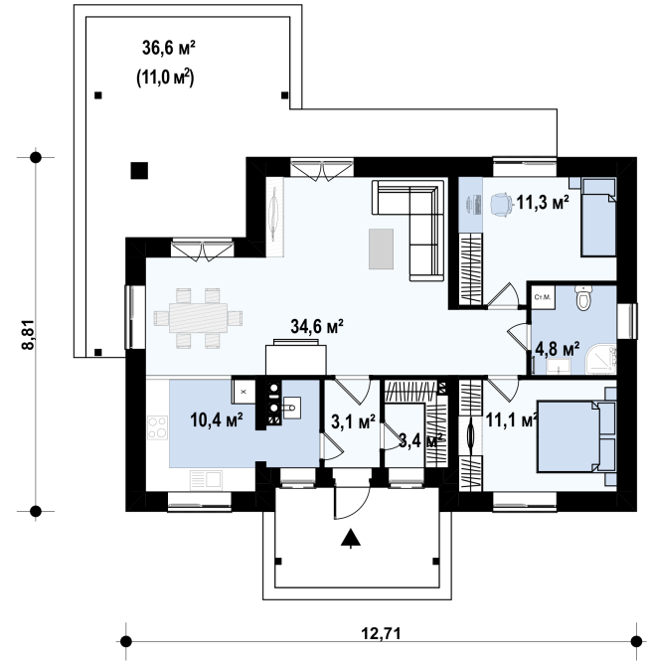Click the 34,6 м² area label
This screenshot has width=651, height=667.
(x=317, y=327)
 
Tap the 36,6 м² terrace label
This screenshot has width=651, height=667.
(x=168, y=48)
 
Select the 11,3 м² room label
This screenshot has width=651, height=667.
(x=543, y=203)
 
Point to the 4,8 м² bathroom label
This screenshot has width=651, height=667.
(x=557, y=350)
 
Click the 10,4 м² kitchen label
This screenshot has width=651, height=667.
(x=217, y=419)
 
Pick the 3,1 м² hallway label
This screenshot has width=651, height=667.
(x=353, y=422)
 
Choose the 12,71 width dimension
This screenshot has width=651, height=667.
(x=381, y=633)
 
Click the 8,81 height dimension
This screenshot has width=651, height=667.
(x=28, y=334)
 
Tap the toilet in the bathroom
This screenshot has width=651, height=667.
(x=583, y=297)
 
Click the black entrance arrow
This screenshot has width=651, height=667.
(x=351, y=537)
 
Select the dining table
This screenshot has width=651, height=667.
(x=198, y=318)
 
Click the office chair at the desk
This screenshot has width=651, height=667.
(x=501, y=205)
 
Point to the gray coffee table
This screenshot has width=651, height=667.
(x=381, y=249)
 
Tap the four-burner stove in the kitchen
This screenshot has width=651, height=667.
(x=157, y=428)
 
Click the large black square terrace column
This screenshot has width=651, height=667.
(x=139, y=171)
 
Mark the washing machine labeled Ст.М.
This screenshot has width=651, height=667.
(x=543, y=297)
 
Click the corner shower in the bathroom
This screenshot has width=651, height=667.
(x=600, y=360)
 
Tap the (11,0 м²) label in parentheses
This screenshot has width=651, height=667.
(x=165, y=79)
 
